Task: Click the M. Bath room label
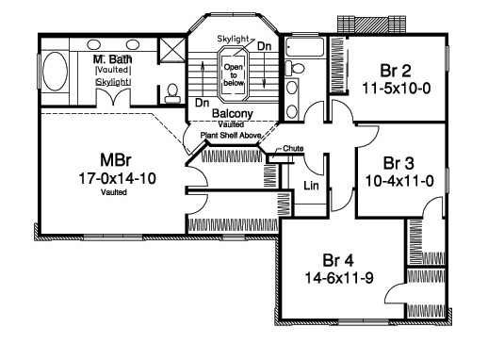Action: (111, 58)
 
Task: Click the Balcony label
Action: (231, 114)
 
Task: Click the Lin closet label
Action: (310, 185)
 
